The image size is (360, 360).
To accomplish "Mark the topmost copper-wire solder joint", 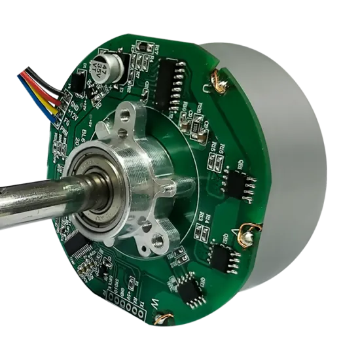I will coord(211,83).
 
